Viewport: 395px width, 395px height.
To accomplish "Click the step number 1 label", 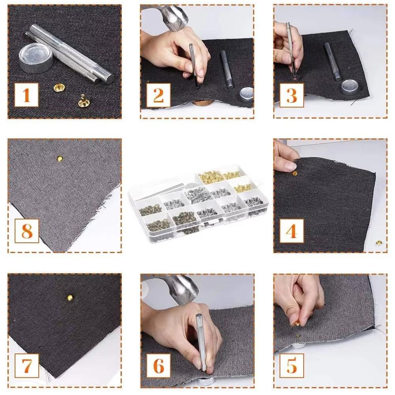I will click(x=26, y=95).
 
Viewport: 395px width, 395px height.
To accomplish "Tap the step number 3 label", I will click(x=292, y=95).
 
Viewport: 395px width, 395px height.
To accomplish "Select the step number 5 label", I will click(x=292, y=365).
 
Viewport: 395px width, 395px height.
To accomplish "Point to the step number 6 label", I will click(x=159, y=365).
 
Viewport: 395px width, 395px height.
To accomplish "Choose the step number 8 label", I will click(x=26, y=231).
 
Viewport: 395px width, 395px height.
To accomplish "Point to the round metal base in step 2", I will click(x=246, y=95).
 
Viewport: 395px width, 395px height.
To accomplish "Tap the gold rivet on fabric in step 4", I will click(x=295, y=173).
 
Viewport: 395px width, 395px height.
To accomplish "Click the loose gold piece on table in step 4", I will click(x=378, y=242).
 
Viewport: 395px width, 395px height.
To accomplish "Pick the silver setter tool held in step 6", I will click(x=201, y=340).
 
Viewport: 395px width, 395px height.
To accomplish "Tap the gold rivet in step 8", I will click(x=60, y=158).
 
